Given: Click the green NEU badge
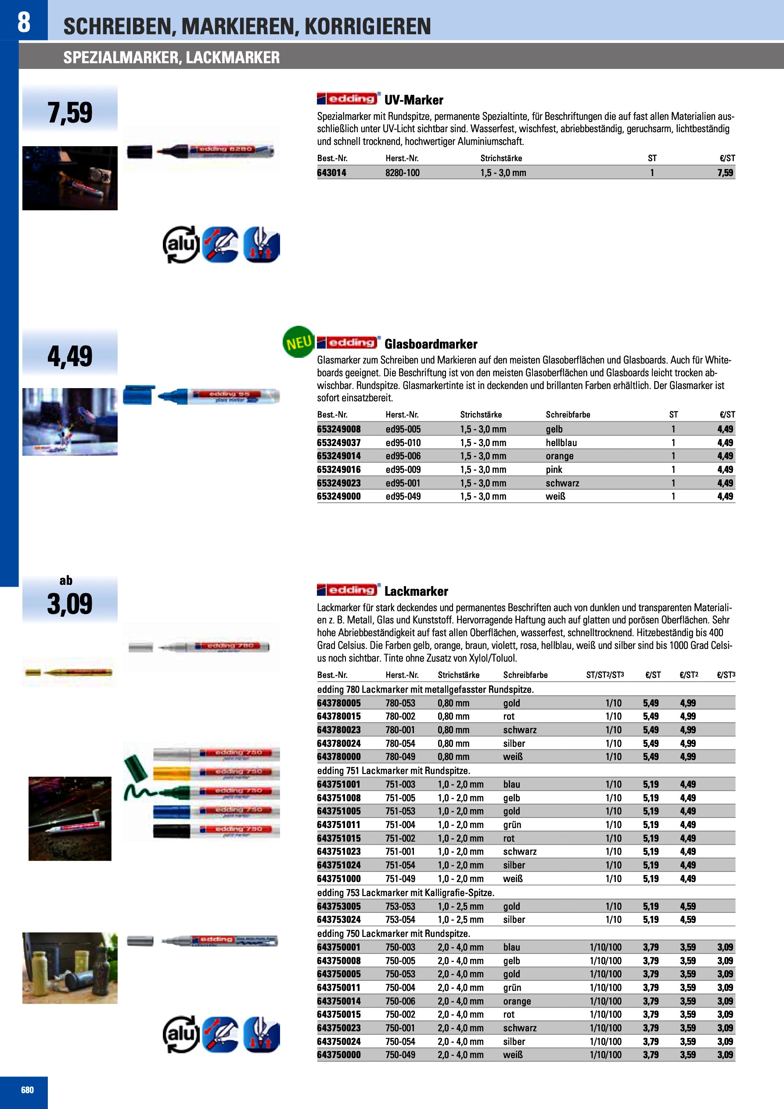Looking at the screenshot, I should (298, 342).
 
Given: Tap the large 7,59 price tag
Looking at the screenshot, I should (70, 112).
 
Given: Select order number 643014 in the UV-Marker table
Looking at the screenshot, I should (332, 173).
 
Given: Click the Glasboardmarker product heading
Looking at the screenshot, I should (430, 344).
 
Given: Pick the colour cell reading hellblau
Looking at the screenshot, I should (561, 443).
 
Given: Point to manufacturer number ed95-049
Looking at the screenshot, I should (403, 496).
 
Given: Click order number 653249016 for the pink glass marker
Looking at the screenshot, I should (338, 469).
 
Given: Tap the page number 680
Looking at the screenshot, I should (28, 1090).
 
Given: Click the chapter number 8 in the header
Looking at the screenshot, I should (24, 22).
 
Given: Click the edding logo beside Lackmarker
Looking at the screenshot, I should (348, 590).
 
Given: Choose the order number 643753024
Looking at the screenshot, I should (338, 920).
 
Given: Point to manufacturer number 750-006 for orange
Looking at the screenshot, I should (400, 1001).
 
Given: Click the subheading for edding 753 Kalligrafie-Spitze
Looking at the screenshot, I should (406, 893).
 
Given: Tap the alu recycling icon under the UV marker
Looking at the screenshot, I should (181, 245).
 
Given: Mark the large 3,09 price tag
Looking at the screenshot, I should (70, 604).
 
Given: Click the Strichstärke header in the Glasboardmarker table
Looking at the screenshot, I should (481, 414).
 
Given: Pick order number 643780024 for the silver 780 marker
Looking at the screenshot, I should (338, 743).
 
